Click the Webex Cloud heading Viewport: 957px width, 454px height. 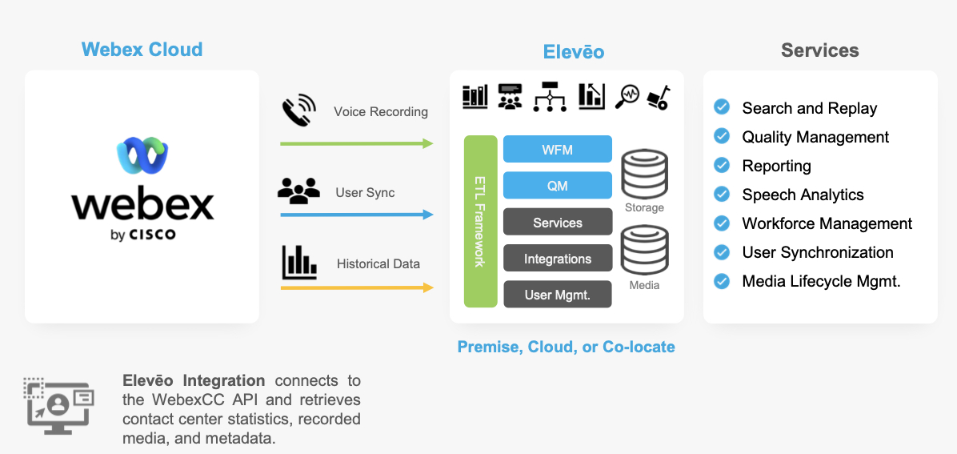[142, 50]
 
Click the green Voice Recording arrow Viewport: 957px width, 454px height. [356, 143]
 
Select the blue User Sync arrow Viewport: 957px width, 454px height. [356, 215]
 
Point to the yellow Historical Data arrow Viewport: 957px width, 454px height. [356, 287]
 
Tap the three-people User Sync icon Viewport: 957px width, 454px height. [298, 190]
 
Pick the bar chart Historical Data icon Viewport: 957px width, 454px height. [299, 262]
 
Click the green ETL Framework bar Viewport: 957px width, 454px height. [480, 221]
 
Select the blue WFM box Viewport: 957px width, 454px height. [557, 149]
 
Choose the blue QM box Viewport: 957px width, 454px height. [557, 186]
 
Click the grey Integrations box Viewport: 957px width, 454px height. [557, 259]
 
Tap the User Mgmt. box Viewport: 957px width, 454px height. [557, 295]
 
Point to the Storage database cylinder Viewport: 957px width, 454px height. [644, 174]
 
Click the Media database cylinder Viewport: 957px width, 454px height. [644, 251]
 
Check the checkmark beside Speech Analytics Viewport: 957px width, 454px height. [722, 194]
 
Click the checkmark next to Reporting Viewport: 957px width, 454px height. [722, 165]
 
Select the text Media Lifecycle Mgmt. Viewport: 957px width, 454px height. [821, 281]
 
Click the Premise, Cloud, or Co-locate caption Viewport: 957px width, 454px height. [566, 347]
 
